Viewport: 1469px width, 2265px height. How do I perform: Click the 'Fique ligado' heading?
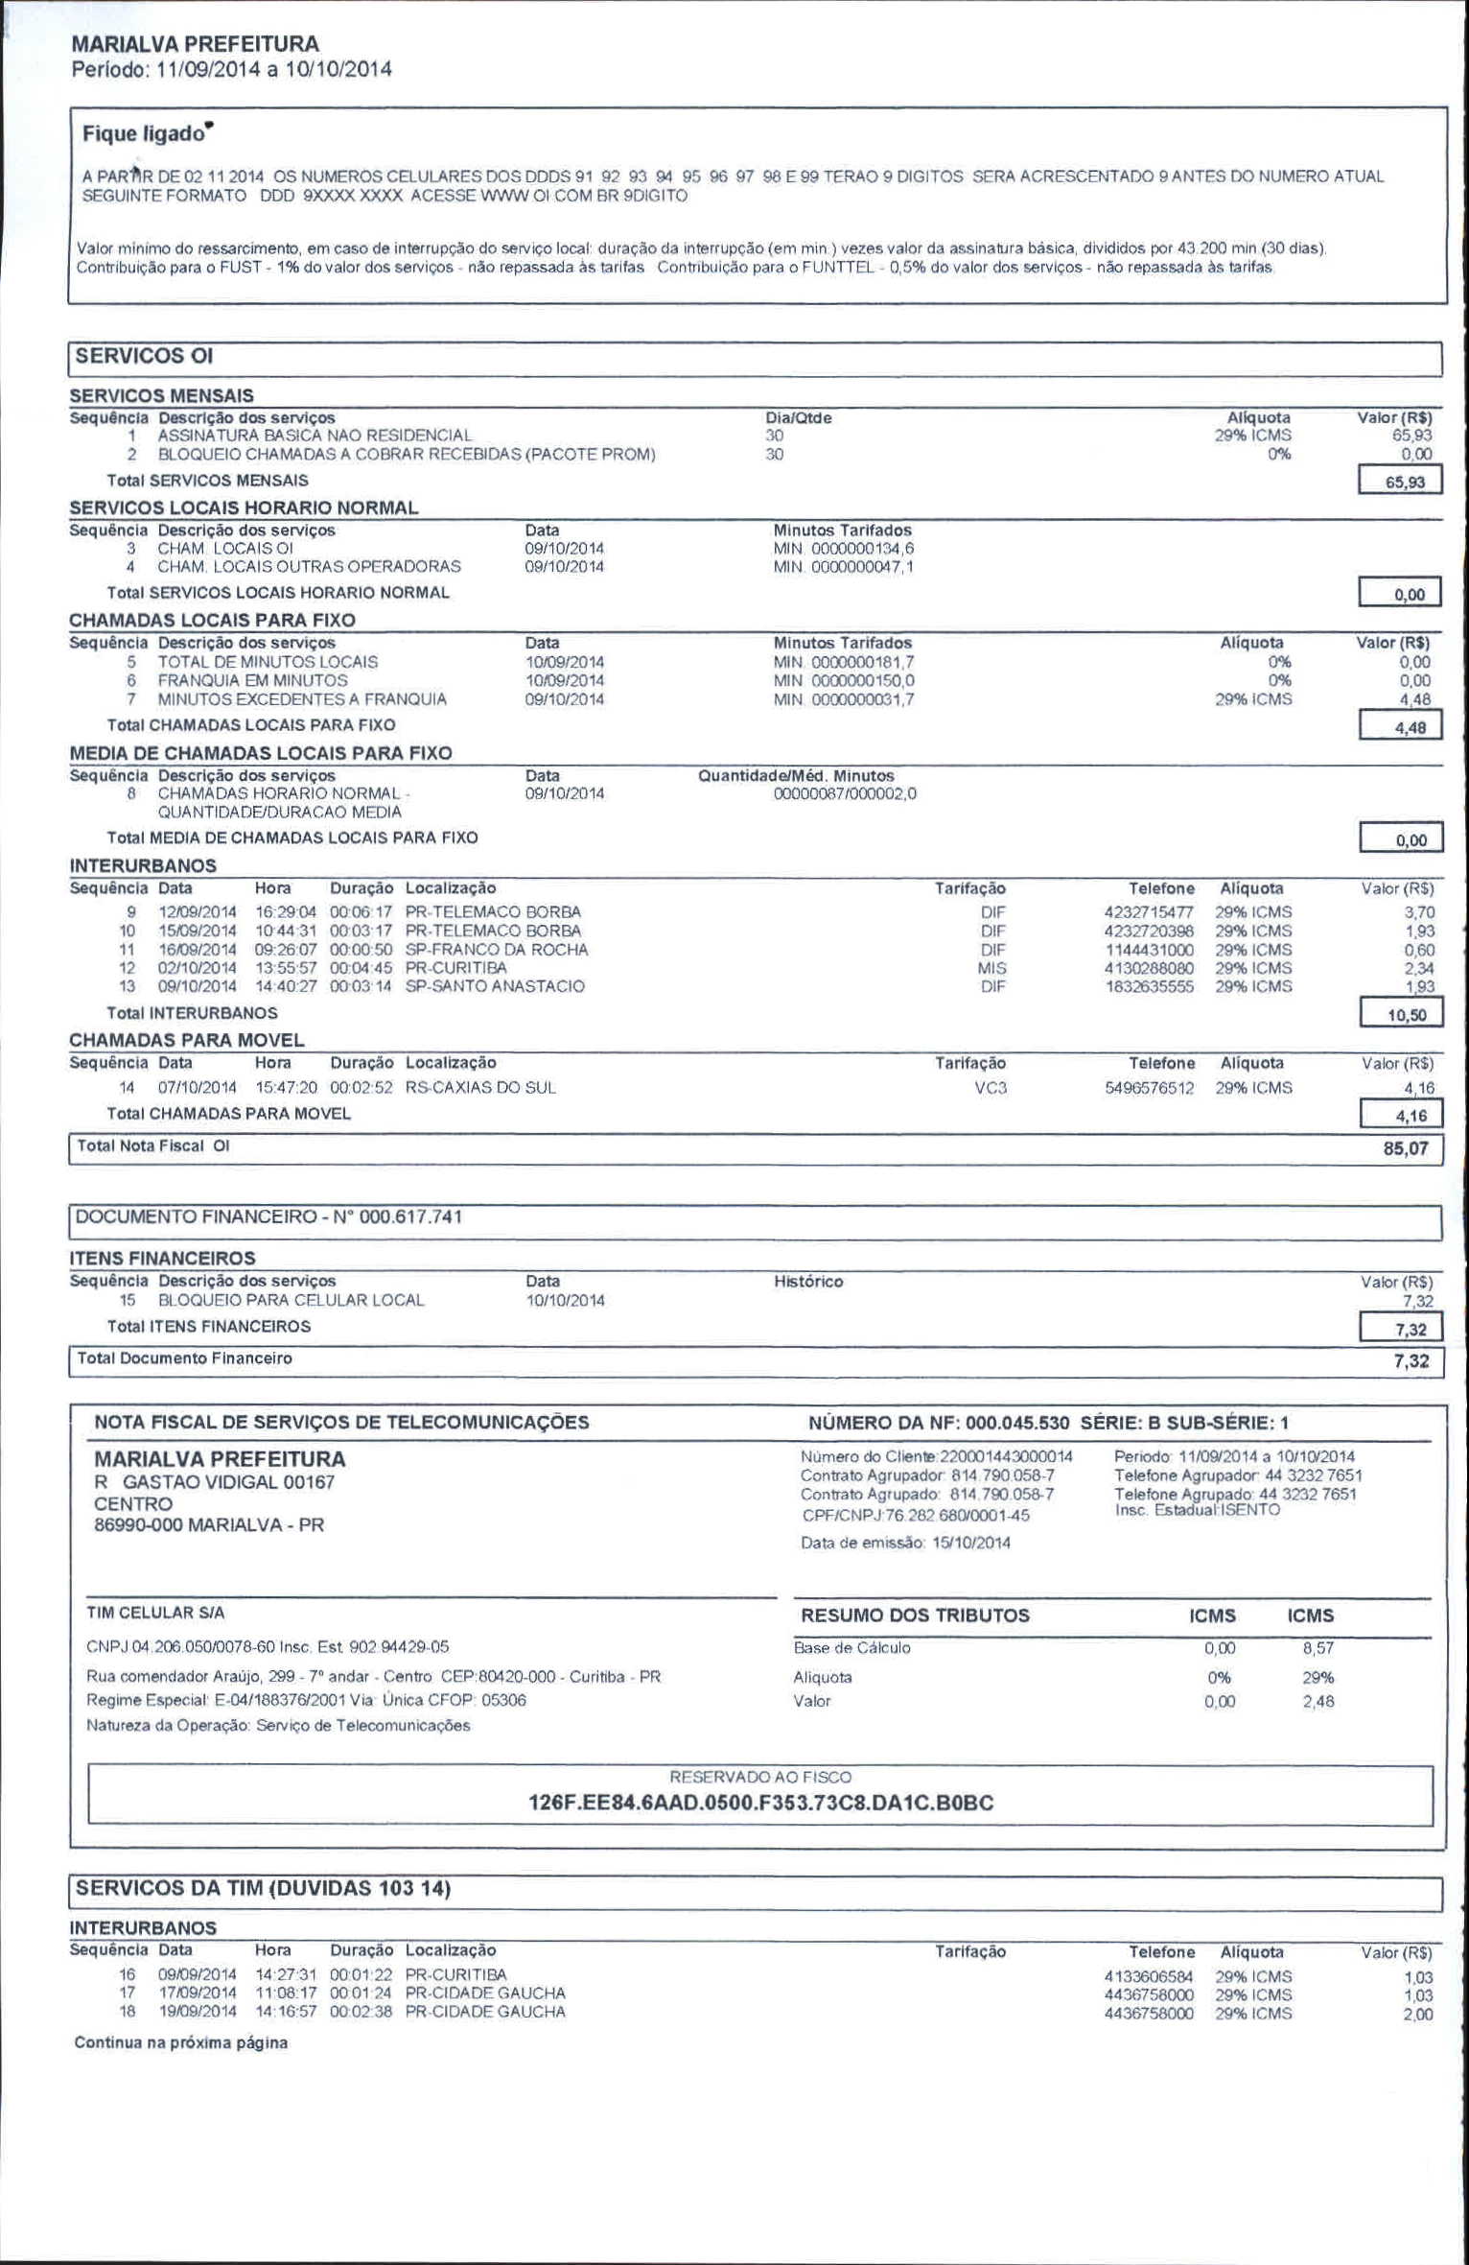coord(144,133)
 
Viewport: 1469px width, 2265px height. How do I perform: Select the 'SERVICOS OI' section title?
coord(143,357)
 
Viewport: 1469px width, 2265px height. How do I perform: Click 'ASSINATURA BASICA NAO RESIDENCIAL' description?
coord(315,436)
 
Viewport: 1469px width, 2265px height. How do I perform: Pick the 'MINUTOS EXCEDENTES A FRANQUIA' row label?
coord(302,699)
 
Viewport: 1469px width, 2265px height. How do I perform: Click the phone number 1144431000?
coord(1149,950)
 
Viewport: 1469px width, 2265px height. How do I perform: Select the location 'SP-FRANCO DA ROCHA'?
coord(497,950)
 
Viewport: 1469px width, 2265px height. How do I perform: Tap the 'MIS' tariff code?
coord(991,969)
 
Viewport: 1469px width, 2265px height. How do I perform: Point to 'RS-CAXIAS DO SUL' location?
coord(480,1088)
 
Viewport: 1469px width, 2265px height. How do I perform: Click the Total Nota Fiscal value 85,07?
coord(1405,1149)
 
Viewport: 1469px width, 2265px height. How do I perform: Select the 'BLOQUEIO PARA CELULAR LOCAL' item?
coord(291,1301)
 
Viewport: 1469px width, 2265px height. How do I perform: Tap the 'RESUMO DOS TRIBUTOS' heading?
coord(915,1616)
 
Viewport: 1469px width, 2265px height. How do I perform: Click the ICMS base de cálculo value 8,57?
coord(1317,1648)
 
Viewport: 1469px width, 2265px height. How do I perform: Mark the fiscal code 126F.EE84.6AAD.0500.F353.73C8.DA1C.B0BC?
coord(760,1803)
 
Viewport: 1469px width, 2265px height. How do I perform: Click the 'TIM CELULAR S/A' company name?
coord(155,1614)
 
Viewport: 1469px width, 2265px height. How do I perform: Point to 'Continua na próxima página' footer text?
coord(181,2043)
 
